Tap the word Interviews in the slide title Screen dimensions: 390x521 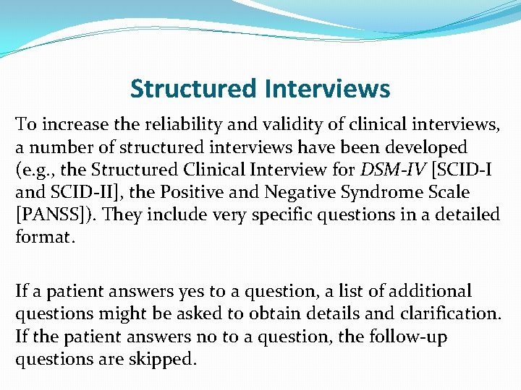click(327, 90)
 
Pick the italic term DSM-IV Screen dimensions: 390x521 click(389, 170)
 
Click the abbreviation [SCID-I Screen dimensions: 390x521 click(457, 170)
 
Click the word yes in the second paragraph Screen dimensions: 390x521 click(177, 291)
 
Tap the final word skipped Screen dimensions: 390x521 click(167, 358)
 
